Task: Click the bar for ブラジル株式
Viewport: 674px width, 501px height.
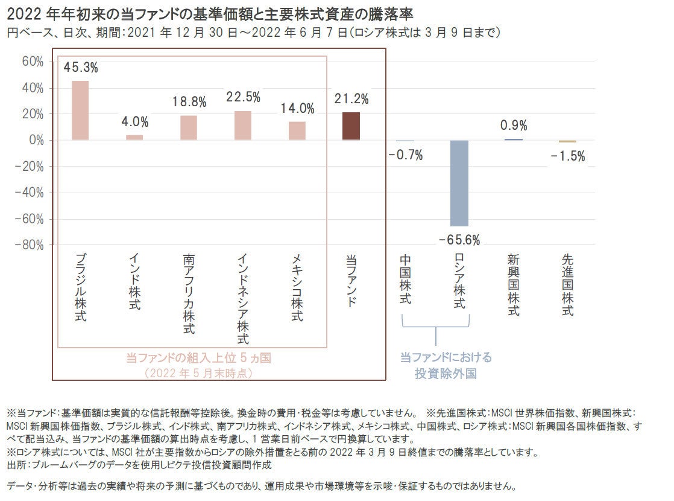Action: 80,110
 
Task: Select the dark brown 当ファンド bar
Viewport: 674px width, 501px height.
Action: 351,126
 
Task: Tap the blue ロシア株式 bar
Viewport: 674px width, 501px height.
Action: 459,183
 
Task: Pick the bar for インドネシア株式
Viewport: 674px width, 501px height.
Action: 243,126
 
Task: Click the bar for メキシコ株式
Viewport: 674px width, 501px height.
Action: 297,131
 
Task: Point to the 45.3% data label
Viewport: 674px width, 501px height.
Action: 80,68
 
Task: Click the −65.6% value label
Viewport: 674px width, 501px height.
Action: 459,240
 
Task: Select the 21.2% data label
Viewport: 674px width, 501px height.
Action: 351,99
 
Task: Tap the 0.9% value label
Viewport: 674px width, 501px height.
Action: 514,126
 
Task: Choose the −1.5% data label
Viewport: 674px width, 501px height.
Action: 567,156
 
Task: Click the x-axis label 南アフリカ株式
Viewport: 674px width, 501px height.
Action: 189,294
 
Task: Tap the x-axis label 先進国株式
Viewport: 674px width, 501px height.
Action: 567,285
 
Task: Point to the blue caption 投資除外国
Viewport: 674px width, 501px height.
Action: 446,374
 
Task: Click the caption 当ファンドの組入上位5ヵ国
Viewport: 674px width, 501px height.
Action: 198,358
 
